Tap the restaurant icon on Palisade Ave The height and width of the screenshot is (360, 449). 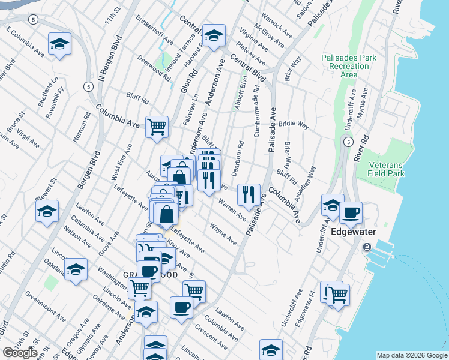pos(248,194)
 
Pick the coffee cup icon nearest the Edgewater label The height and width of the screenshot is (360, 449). pos(351,212)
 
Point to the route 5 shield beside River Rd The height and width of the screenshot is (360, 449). pos(348,142)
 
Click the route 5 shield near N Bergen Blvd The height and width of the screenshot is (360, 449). pos(89,86)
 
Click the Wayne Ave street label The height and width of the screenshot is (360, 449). pos(223,234)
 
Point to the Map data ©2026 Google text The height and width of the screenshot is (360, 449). pos(411,355)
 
